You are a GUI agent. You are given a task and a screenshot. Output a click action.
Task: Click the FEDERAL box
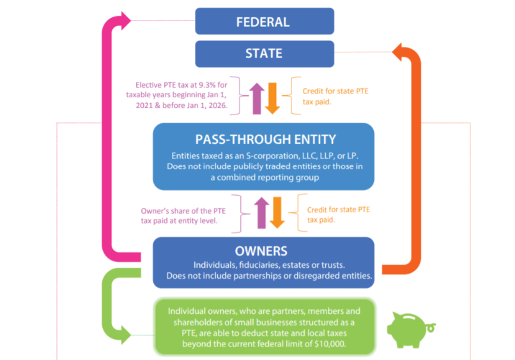click(264, 21)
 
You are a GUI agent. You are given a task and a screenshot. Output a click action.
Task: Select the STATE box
click(264, 54)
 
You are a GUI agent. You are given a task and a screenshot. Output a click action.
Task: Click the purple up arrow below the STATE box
click(256, 97)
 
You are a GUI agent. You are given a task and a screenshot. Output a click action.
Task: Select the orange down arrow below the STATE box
click(273, 98)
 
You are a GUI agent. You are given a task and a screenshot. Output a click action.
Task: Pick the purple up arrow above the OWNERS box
click(259, 212)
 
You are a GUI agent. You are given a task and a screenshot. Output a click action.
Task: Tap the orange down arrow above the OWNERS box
click(277, 212)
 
